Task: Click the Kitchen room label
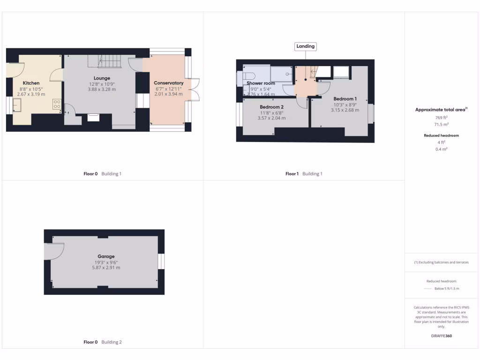[x=31, y=83]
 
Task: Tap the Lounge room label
[x=102, y=78]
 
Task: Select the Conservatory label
[x=169, y=83]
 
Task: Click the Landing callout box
[x=305, y=46]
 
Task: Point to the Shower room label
[x=261, y=83]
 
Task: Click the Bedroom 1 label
[x=345, y=99]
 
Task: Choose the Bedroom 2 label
[x=272, y=107]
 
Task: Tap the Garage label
[x=106, y=256]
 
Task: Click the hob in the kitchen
[x=57, y=104]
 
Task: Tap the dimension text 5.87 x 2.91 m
[x=106, y=268]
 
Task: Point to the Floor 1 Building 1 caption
[x=304, y=174]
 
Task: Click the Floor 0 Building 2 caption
[x=102, y=342]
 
